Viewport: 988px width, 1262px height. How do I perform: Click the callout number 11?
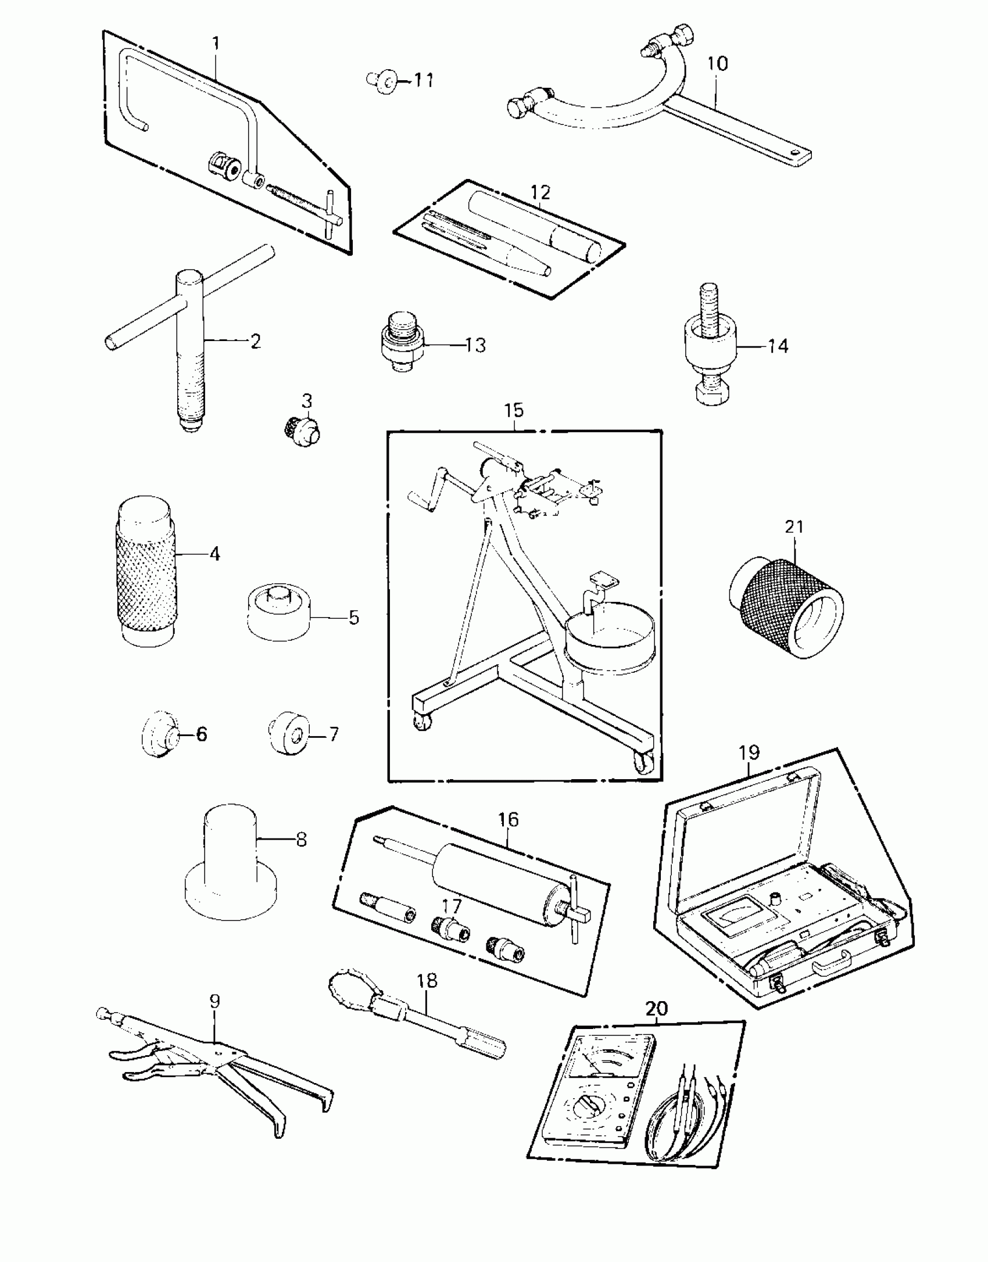(424, 80)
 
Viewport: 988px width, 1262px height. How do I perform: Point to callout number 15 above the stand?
(514, 410)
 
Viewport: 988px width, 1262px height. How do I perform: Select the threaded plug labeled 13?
(401, 345)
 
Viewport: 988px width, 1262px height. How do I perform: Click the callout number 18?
(427, 981)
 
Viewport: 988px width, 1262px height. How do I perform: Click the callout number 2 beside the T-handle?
(255, 341)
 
